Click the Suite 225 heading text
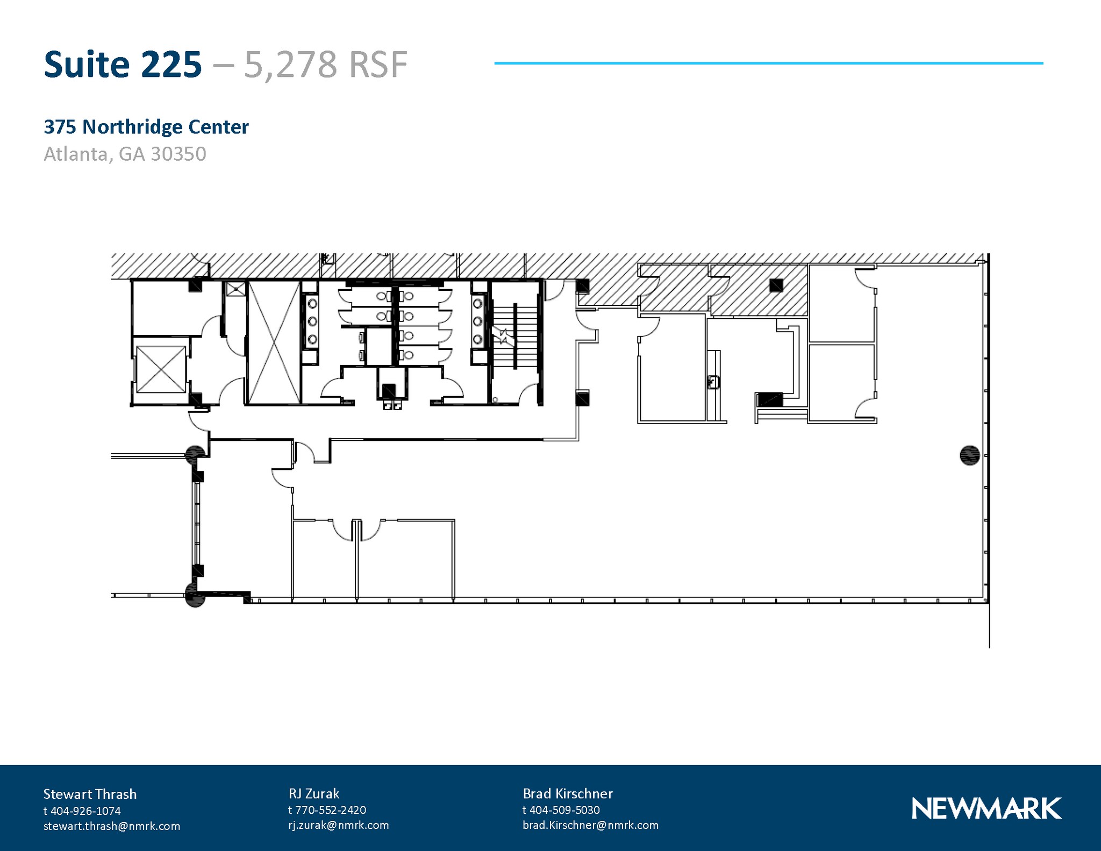pyautogui.click(x=123, y=65)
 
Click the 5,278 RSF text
pyautogui.click(x=325, y=65)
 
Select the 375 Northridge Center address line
pyautogui.click(x=146, y=127)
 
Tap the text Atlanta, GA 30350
pyautogui.click(x=125, y=154)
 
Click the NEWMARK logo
pyautogui.click(x=986, y=809)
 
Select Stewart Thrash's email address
pyautogui.click(x=112, y=826)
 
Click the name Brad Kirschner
pyautogui.click(x=568, y=793)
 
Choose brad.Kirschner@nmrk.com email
pyautogui.click(x=590, y=825)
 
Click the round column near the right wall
pyautogui.click(x=969, y=455)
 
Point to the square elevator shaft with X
pyautogui.click(x=161, y=369)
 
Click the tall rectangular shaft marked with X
pyautogui.click(x=274, y=342)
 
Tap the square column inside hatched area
pyautogui.click(x=775, y=285)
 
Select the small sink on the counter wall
pyautogui.click(x=713, y=382)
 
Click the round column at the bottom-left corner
pyautogui.click(x=195, y=595)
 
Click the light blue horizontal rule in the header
pyautogui.click(x=768, y=63)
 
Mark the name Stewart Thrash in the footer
pyautogui.click(x=90, y=794)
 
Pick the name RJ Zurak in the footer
pyautogui.click(x=314, y=793)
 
